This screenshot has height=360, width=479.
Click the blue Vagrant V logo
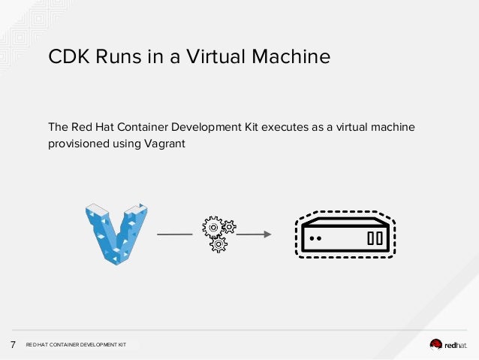(116, 232)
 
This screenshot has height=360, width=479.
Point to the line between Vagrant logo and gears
(175, 234)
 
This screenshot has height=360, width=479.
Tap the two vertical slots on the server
(375, 238)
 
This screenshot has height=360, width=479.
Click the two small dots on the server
(315, 238)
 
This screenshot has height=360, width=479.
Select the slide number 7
(14, 345)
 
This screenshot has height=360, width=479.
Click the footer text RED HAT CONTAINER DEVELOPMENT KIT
(76, 345)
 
